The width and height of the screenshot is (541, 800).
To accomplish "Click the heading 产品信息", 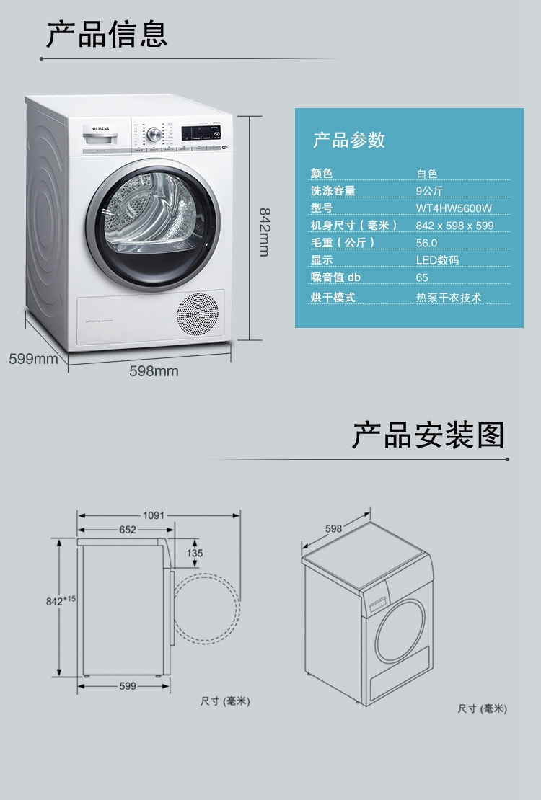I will tap(107, 34).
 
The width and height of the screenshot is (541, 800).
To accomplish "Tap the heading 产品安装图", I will tap(428, 435).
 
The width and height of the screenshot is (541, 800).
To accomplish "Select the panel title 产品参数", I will tap(349, 140).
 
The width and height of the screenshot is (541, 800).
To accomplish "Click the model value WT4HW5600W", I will tap(454, 208).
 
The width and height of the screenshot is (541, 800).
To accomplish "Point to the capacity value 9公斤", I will tap(429, 191).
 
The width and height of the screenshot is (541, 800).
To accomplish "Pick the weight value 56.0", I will tap(426, 243).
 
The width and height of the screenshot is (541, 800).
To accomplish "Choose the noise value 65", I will tap(422, 277).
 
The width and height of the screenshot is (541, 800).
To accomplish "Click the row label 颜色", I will tap(322, 174).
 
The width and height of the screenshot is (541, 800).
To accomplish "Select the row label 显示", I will tap(322, 260).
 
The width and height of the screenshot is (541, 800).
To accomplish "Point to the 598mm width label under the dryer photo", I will tap(154, 371).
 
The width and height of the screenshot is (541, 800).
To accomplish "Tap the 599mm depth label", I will tap(33, 358).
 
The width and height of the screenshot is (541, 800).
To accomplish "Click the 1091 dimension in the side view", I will tap(154, 515).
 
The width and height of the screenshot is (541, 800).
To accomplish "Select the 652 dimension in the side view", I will tap(128, 530).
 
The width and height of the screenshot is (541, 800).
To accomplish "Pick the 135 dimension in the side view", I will tap(195, 554).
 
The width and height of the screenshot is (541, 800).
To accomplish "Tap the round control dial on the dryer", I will tap(153, 135).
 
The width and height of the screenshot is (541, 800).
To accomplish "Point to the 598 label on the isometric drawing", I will tap(333, 528).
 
